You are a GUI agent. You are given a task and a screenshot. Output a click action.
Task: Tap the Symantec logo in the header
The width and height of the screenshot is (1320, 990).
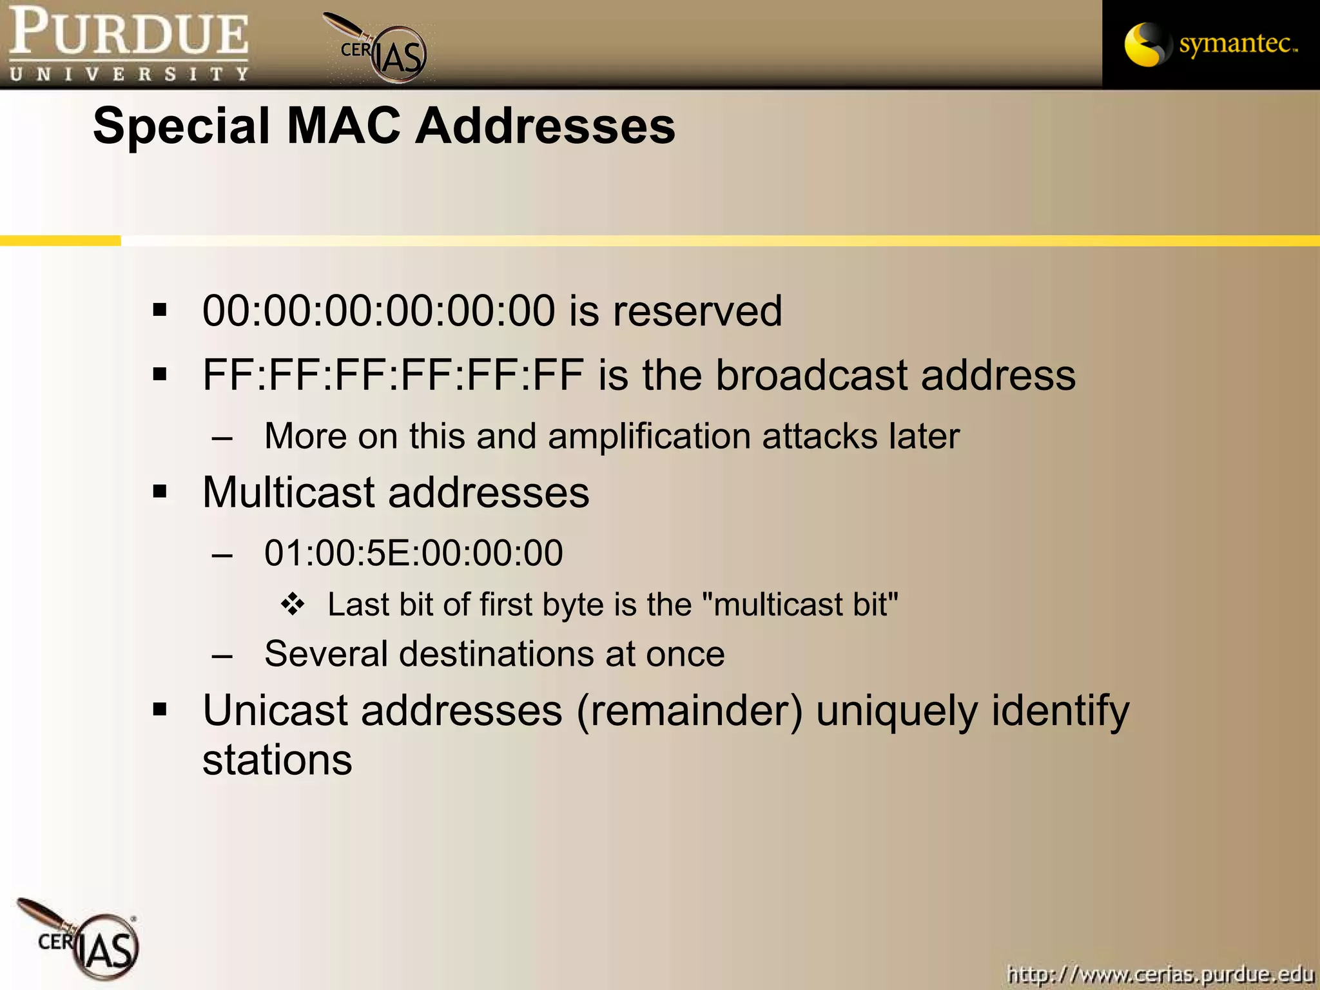1210,44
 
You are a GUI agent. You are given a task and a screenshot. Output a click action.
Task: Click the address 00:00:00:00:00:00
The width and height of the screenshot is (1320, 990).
378,311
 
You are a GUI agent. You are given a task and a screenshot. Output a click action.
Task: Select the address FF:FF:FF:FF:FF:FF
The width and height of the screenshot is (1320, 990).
393,375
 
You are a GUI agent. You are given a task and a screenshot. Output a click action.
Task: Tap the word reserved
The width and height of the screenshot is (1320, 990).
697,311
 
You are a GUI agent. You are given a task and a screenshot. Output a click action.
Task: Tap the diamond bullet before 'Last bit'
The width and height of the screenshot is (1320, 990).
293,605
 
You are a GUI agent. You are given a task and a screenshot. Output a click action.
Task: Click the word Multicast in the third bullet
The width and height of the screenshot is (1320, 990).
288,493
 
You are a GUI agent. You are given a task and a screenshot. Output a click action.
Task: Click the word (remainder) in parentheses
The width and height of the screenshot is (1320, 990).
690,712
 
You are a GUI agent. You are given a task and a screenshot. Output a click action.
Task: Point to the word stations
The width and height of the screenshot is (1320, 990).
277,761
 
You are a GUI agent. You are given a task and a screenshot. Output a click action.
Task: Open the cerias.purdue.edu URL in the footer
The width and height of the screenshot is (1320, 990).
1160,973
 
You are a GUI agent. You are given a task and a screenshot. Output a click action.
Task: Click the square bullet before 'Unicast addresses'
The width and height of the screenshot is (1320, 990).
160,710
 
